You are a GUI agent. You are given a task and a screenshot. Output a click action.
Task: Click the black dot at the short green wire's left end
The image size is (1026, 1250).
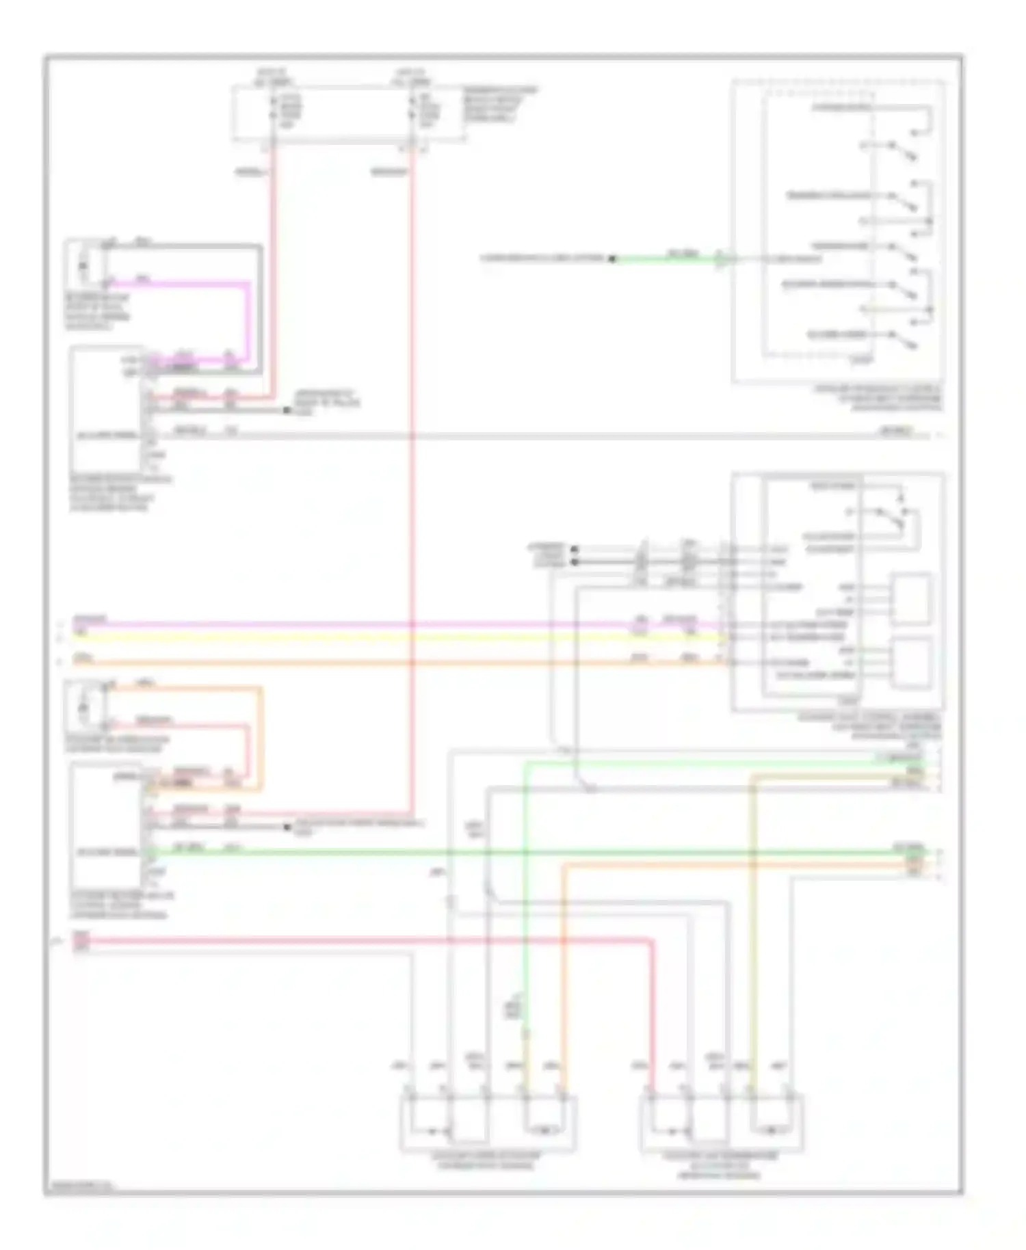[613, 259]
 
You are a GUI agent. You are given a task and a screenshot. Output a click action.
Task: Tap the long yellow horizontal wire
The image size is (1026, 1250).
[342, 637]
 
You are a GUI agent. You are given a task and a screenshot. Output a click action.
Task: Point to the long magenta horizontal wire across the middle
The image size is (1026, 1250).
[342, 624]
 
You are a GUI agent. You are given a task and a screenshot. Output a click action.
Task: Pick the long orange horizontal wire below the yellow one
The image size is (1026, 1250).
[342, 662]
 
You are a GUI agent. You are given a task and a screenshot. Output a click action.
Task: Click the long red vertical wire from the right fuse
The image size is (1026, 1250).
[412, 479]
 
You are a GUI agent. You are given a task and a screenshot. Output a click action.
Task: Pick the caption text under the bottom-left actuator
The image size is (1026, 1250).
[487, 1160]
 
